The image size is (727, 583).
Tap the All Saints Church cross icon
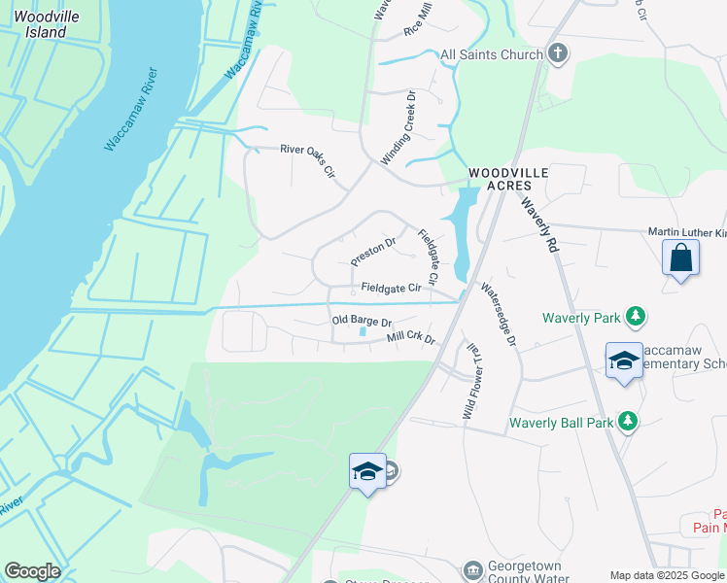tap(557, 53)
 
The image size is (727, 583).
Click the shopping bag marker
tap(680, 258)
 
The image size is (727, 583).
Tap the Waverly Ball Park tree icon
tap(628, 422)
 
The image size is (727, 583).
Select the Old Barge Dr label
tap(361, 321)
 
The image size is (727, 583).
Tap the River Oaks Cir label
tap(307, 160)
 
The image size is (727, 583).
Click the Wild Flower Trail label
tap(470, 381)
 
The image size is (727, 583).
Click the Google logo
tap(32, 571)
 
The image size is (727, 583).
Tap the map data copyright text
tap(667, 575)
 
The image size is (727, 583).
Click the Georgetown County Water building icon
tap(472, 567)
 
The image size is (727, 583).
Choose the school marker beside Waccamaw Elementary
tap(623, 361)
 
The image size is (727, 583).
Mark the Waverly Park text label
tap(582, 317)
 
